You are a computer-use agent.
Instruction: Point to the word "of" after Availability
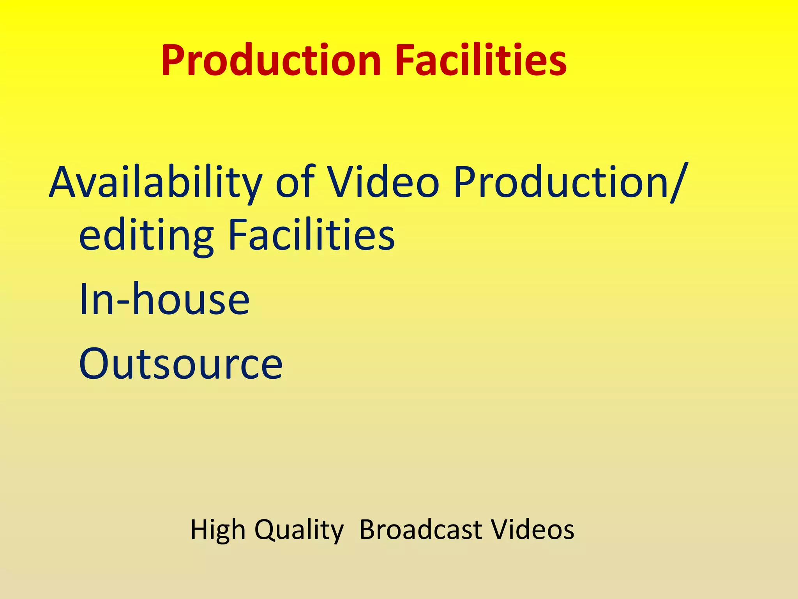click(x=295, y=182)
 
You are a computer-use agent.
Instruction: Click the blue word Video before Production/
click(x=384, y=182)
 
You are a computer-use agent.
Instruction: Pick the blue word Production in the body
click(x=561, y=183)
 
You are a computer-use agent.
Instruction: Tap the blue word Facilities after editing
click(x=311, y=234)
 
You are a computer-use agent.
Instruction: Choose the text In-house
click(x=164, y=299)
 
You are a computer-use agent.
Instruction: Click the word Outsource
click(x=180, y=363)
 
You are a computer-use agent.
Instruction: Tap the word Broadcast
click(x=421, y=530)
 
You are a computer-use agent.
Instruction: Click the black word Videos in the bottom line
click(x=532, y=530)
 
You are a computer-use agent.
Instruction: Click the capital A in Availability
click(x=64, y=182)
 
